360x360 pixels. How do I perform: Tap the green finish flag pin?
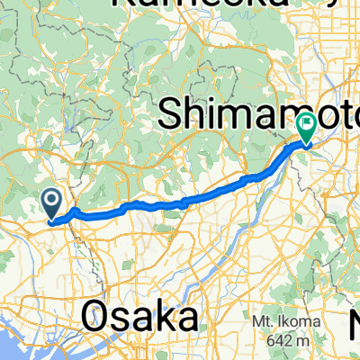[306, 127]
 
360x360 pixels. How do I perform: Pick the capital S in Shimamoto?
[170, 113]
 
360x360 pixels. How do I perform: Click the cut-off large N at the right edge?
[354, 319]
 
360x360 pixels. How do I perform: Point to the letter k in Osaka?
[158, 318]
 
